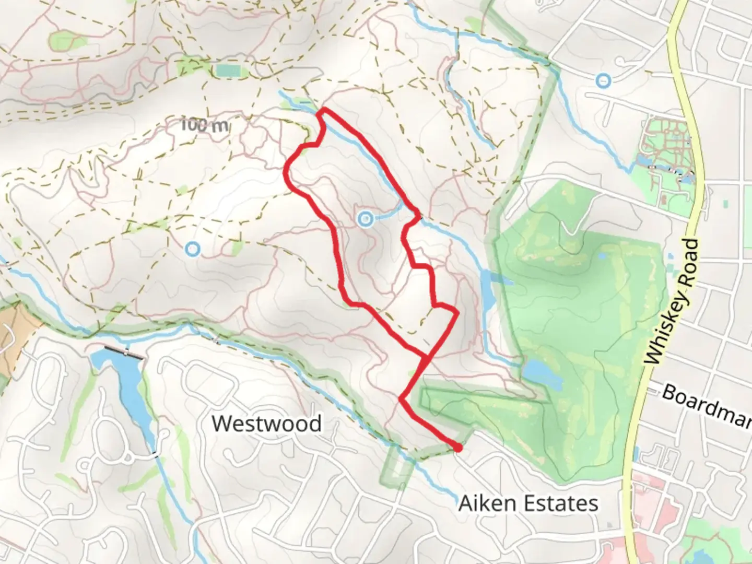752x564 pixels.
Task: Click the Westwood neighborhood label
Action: pos(266,424)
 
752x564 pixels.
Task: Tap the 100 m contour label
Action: pos(205,125)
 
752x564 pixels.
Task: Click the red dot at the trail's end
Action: pos(457,448)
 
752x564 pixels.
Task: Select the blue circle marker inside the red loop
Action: pos(365,219)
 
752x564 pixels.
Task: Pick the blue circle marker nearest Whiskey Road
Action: pos(604,80)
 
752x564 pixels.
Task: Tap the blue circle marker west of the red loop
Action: pos(193,249)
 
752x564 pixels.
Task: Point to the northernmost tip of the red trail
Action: pos(323,110)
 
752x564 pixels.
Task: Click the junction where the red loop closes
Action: pos(426,358)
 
